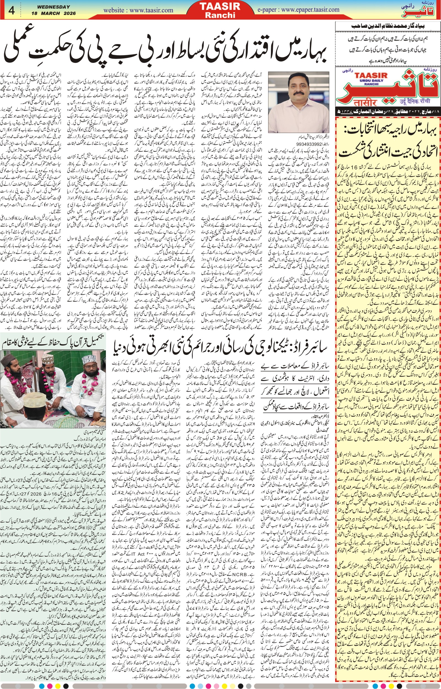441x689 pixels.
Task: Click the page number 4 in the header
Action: coord(12,10)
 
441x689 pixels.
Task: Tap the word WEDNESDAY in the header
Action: coord(53,7)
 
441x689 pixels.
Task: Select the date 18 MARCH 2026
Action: coord(53,13)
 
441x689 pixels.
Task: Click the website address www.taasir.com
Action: coord(138,10)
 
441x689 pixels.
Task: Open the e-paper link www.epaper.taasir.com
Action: coord(298,10)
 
